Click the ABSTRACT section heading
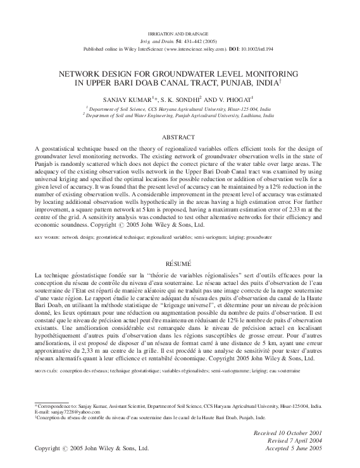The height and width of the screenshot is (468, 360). [179, 137]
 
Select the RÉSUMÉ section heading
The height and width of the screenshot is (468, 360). [179, 262]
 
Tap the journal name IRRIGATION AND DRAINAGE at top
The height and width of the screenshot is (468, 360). [179, 32]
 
